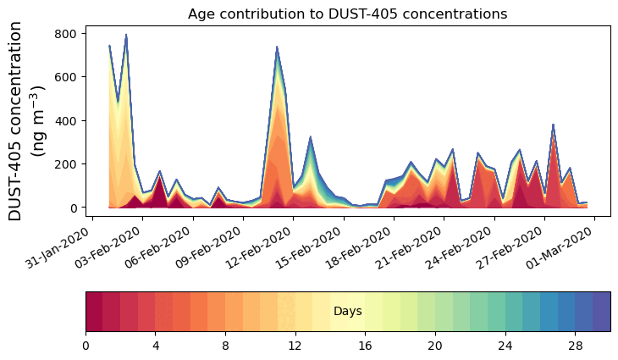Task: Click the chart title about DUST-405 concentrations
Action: pyautogui.click(x=347, y=14)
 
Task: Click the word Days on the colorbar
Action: pyautogui.click(x=348, y=312)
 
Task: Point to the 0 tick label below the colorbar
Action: pyautogui.click(x=86, y=346)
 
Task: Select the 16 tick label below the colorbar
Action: pyautogui.click(x=365, y=346)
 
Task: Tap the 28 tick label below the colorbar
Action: pyautogui.click(x=575, y=346)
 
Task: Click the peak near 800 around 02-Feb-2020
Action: pyautogui.click(x=126, y=36)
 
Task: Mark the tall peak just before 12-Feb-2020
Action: pyautogui.click(x=277, y=47)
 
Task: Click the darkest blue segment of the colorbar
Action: pyautogui.click(x=601, y=312)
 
